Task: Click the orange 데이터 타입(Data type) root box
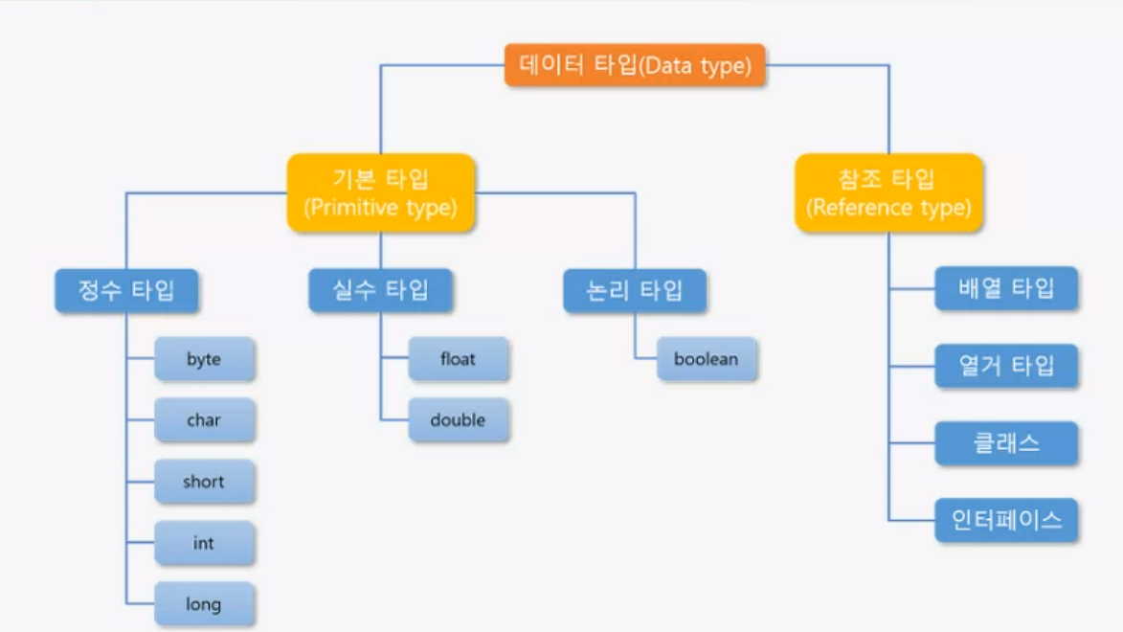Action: point(635,65)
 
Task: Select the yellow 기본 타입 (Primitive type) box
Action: point(381,192)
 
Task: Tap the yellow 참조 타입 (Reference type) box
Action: point(888,192)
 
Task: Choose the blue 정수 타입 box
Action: point(126,291)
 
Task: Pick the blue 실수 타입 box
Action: point(380,291)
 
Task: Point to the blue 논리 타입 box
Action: point(634,291)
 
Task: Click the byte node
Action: point(204,360)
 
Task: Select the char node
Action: point(204,420)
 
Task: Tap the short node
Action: point(204,482)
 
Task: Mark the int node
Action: point(204,543)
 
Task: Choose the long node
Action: point(204,604)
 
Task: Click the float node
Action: point(458,360)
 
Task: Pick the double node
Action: point(458,420)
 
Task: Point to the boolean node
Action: point(707,360)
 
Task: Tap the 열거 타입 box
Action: point(1005,366)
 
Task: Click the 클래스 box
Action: point(1005,443)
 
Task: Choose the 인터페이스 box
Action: point(1005,520)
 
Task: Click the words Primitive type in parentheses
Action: point(381,208)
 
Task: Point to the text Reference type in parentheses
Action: point(888,208)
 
